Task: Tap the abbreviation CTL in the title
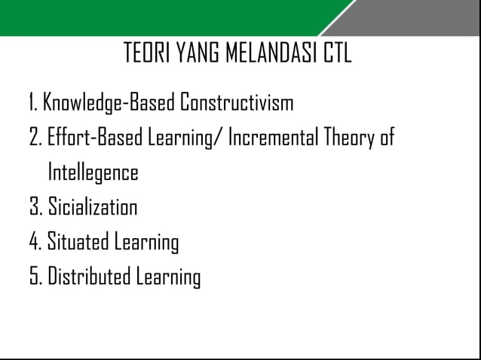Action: pos(337,54)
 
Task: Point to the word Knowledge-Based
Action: pos(109,102)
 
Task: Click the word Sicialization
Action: pos(92,209)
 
